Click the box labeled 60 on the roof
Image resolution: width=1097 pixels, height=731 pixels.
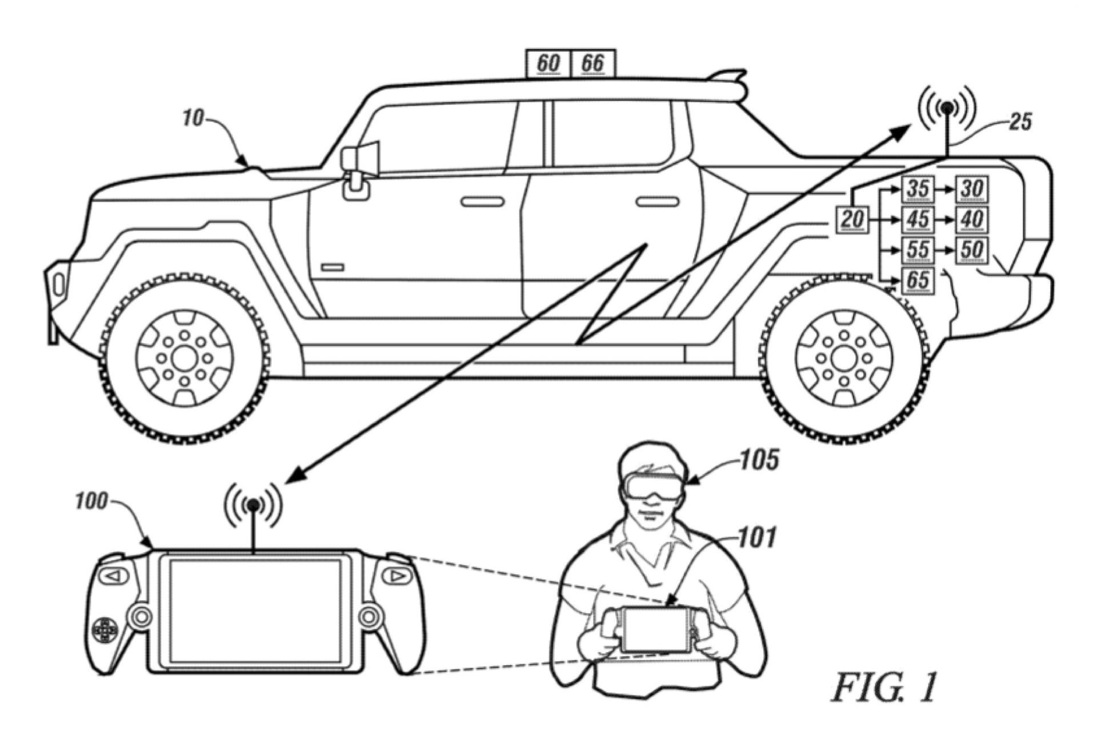point(548,63)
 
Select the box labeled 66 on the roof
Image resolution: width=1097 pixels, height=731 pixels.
point(593,63)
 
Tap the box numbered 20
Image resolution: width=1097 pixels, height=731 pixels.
point(852,219)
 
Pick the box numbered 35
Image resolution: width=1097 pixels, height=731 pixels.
point(918,189)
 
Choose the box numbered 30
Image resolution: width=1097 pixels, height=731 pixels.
point(972,189)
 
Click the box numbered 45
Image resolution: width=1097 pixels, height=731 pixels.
point(918,219)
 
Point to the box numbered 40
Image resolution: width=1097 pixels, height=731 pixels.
point(972,219)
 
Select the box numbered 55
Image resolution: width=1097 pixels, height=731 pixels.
point(918,250)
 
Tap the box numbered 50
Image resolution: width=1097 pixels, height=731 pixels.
point(972,250)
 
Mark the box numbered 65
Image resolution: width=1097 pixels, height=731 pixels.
point(918,280)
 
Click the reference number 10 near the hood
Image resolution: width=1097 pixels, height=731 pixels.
point(193,118)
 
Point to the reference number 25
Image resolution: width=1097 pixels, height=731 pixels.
point(1020,122)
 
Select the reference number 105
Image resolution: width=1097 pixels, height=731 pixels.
point(759,460)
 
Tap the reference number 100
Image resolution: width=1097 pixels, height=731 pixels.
point(91,501)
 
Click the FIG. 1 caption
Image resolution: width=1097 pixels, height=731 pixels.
point(883,687)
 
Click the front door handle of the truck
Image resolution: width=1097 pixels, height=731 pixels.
point(482,202)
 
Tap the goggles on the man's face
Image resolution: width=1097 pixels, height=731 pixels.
point(651,483)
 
